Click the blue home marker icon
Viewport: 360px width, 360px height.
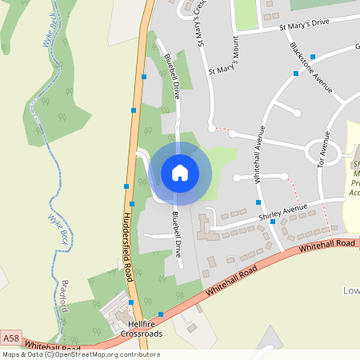tap(180, 173)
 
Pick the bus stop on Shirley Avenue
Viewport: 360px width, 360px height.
tap(272, 222)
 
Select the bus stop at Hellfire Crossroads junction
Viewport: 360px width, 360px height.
tap(161, 314)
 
